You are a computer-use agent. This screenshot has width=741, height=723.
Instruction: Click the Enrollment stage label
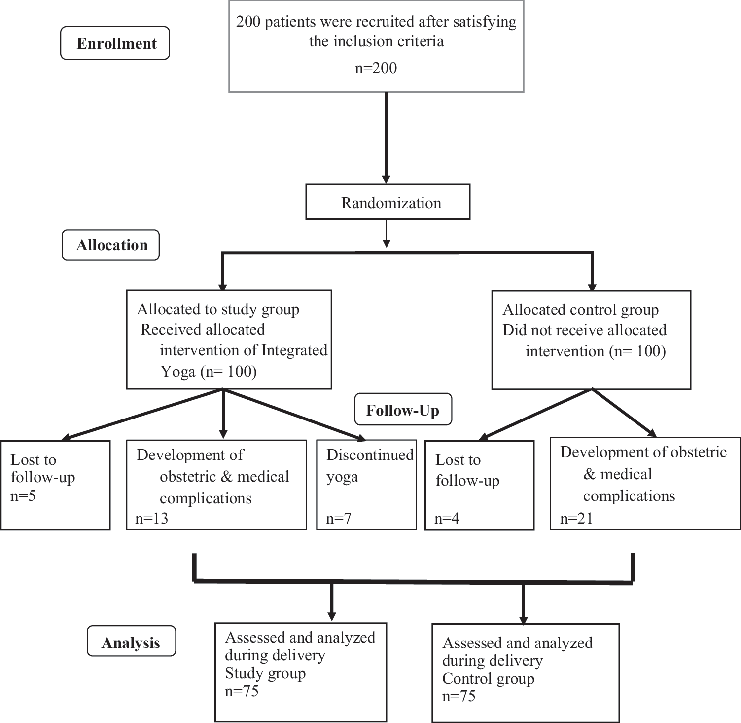point(115,43)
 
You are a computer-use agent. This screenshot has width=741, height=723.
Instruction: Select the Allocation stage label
point(111,245)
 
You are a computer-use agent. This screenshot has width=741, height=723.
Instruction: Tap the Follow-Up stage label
point(403,410)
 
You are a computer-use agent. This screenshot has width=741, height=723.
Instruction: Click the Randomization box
point(388,202)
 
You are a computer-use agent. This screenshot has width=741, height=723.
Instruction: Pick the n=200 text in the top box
point(376,67)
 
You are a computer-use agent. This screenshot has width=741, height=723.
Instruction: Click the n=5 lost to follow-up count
point(23,495)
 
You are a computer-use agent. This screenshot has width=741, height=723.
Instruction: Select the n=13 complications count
point(151,518)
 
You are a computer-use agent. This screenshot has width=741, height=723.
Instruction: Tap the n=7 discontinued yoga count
point(339,518)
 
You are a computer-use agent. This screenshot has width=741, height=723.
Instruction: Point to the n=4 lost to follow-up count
point(447,518)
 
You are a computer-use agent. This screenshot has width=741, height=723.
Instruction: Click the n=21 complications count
point(576,518)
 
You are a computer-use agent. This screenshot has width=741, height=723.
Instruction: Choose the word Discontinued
point(370,455)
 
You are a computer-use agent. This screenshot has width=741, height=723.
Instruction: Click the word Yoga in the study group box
point(178,371)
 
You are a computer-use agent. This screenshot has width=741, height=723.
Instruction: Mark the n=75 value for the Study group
point(242,691)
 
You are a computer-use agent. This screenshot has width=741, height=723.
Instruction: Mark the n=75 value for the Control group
point(459,696)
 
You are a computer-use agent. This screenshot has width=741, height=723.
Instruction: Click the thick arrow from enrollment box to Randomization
point(387,138)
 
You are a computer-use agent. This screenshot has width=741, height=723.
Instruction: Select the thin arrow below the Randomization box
point(387,233)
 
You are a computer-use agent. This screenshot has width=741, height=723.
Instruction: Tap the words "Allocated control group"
point(581,310)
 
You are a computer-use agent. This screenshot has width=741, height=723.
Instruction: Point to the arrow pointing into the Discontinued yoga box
point(295,415)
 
